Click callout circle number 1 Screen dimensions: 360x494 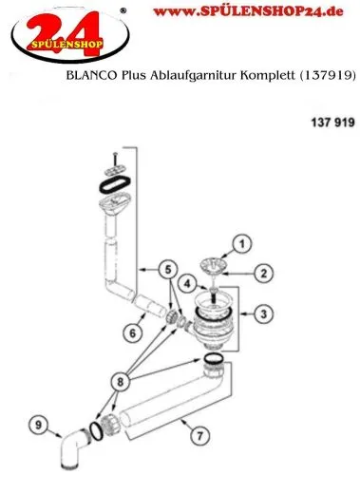pos(241,244)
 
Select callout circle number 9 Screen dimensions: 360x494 pos(38,424)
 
